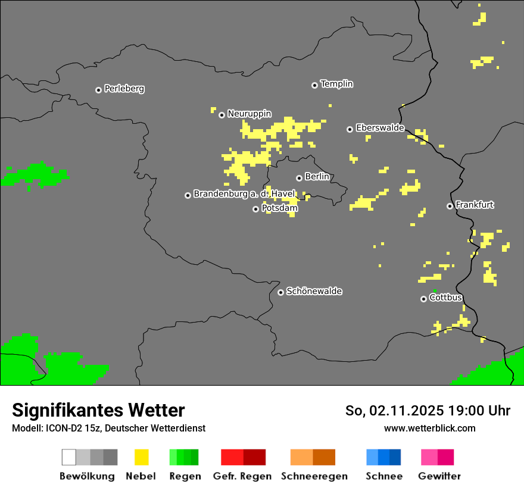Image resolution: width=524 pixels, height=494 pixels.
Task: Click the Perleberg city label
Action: click(124, 89)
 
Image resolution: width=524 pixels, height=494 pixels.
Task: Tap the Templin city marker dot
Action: click(314, 85)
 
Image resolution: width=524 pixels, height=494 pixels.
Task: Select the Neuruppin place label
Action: click(249, 114)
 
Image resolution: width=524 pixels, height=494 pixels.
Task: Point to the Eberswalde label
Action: click(380, 128)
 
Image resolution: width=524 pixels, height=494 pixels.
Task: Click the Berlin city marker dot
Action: click(299, 178)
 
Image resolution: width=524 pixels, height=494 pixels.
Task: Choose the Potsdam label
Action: click(279, 208)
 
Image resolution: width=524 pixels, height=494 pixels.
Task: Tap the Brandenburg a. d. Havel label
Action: click(244, 194)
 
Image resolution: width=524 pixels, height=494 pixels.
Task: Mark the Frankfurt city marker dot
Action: click(450, 206)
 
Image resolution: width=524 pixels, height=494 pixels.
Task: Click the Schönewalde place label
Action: click(314, 292)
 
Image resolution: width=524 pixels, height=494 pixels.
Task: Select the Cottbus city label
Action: click(445, 298)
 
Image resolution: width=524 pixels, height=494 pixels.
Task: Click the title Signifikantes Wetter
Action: click(98, 410)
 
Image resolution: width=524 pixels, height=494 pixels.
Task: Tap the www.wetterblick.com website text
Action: click(429, 428)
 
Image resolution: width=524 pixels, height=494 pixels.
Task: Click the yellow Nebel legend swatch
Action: click(141, 457)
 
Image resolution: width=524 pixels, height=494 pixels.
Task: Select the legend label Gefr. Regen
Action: click(242, 476)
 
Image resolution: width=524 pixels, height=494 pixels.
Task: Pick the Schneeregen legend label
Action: click(314, 476)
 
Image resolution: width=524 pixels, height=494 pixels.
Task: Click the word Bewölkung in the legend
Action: click(87, 476)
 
